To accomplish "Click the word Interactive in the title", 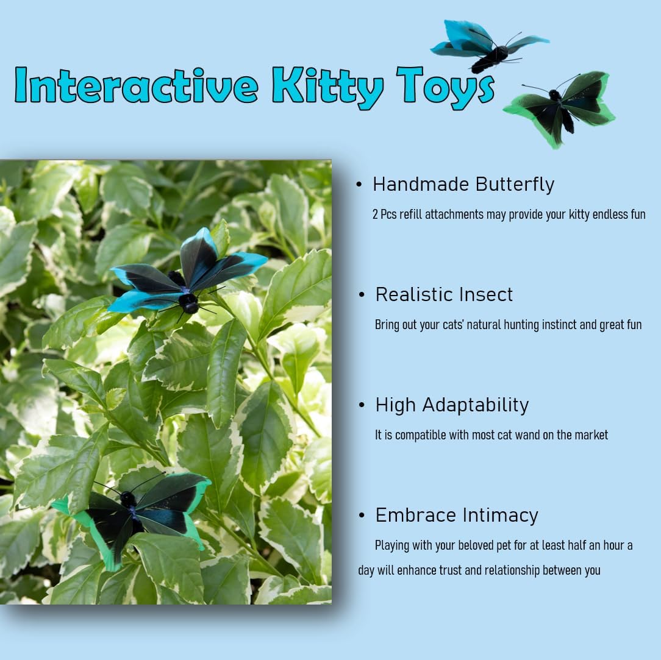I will tap(137, 85).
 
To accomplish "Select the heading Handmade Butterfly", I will tap(463, 184).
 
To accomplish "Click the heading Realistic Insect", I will tap(444, 294).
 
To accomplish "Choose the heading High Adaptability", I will tap(452, 405).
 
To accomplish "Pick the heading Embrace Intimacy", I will tap(457, 515).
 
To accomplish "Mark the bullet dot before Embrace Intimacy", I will tap(362, 516).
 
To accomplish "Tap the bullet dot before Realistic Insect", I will tap(362, 295).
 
